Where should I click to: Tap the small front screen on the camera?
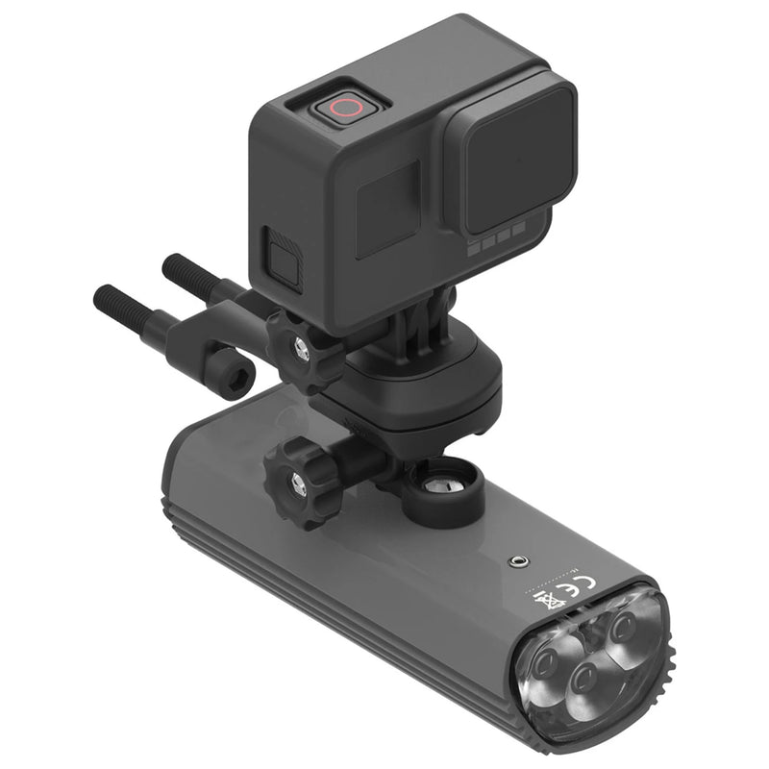point(387,207)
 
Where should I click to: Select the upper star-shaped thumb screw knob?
point(301,344)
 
